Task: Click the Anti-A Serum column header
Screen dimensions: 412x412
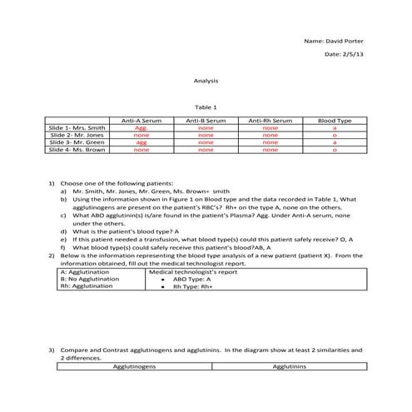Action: (x=141, y=121)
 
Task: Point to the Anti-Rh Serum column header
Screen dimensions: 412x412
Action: (x=270, y=121)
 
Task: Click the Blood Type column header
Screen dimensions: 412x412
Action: (x=334, y=121)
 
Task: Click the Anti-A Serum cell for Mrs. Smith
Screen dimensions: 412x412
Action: (x=141, y=128)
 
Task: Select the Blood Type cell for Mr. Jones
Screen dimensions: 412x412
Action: (x=334, y=135)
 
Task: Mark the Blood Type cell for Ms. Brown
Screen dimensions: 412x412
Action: (x=334, y=150)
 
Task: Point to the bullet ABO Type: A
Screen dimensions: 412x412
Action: (x=191, y=279)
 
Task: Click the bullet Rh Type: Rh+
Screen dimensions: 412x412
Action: (x=193, y=286)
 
